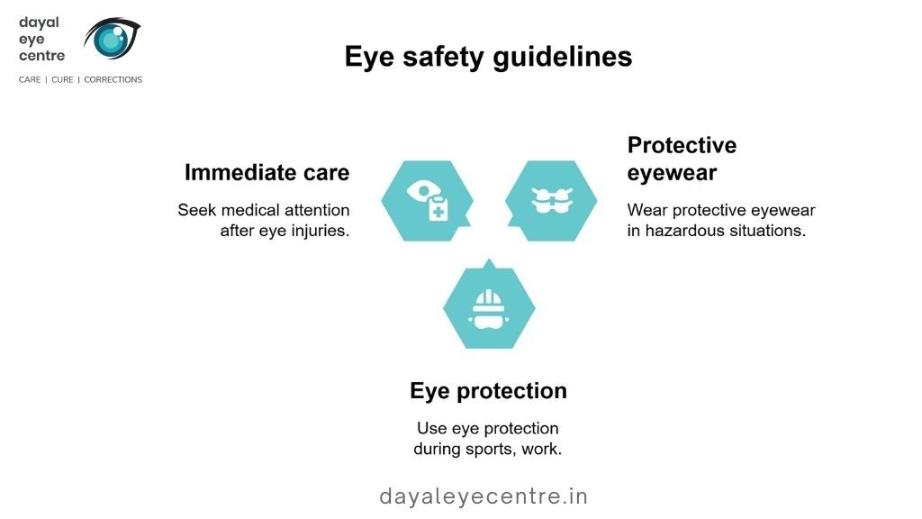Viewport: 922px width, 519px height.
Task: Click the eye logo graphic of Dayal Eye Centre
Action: (112, 38)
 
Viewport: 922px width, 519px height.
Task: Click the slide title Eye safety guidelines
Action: (488, 57)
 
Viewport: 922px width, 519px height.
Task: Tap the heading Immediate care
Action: (267, 172)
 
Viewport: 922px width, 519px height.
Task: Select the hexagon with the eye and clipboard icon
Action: (427, 201)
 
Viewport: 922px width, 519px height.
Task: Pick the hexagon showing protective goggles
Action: (551, 201)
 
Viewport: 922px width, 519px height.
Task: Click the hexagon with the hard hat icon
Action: (489, 306)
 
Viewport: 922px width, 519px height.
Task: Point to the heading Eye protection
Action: (488, 391)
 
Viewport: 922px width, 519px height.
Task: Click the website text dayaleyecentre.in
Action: (484, 496)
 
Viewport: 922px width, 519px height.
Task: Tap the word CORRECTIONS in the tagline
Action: (113, 79)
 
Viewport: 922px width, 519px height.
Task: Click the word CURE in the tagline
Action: (62, 79)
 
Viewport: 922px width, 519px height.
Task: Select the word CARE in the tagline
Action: (30, 79)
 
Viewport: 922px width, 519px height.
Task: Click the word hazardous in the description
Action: (685, 230)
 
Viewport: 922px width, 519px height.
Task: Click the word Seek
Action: (197, 210)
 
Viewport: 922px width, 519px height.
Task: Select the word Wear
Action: (646, 210)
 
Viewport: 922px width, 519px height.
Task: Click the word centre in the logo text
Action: (41, 56)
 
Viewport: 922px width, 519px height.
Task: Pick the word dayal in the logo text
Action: (39, 23)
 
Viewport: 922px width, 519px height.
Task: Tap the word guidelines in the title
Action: (562, 58)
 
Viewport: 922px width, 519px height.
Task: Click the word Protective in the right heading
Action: (682, 145)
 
